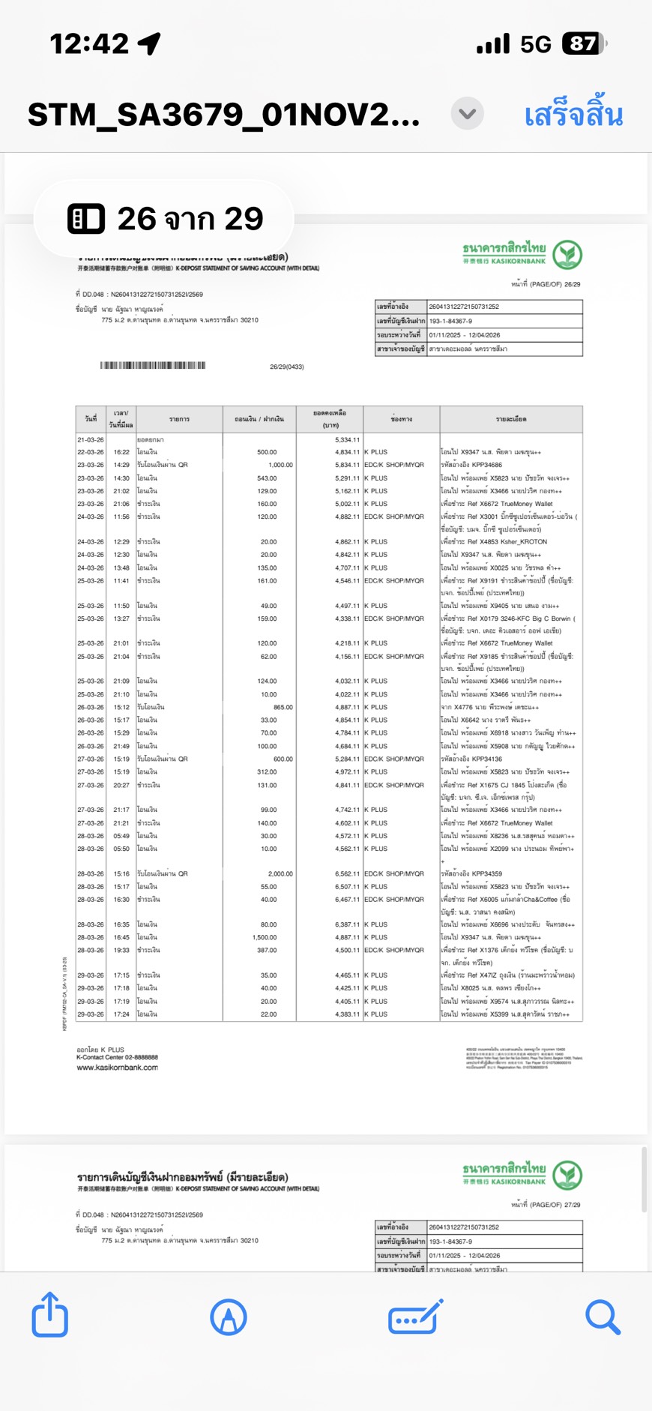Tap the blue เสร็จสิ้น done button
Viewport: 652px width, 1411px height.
(x=573, y=115)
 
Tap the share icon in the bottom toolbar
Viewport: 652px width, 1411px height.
(x=50, y=1315)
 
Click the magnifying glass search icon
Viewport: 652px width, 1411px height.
(x=603, y=1317)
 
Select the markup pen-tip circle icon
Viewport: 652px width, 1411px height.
(x=229, y=1317)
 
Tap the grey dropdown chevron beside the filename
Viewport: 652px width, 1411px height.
(x=467, y=114)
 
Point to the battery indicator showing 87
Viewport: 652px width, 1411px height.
(x=585, y=44)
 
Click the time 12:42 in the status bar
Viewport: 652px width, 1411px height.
(x=88, y=44)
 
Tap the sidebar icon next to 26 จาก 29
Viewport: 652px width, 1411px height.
(x=86, y=219)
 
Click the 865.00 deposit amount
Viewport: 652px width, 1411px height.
(x=283, y=707)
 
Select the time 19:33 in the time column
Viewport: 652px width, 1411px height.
(x=121, y=950)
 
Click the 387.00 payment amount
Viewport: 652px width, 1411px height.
(x=268, y=950)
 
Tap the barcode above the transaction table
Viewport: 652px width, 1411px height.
(x=153, y=366)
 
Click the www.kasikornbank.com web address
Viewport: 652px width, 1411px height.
(x=117, y=1068)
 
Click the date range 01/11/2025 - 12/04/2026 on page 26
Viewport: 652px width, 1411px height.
(x=465, y=335)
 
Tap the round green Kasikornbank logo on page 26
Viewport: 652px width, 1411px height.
(x=567, y=255)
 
